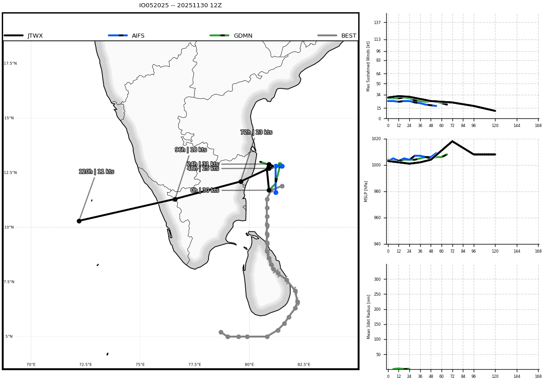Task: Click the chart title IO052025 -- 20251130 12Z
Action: (x=180, y=5)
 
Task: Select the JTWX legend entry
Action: (x=23, y=36)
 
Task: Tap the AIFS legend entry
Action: (x=126, y=36)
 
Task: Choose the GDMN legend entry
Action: (x=231, y=36)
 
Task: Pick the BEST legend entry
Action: (x=337, y=36)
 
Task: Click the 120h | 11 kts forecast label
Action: (x=97, y=171)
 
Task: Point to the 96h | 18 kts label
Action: (x=191, y=150)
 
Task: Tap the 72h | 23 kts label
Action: (x=256, y=132)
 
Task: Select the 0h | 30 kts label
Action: (x=205, y=190)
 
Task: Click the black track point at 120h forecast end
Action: (x=79, y=221)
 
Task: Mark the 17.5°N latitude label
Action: (x=10, y=63)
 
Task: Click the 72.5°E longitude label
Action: (x=86, y=365)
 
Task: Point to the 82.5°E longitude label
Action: (x=304, y=365)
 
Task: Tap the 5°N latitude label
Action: (x=9, y=337)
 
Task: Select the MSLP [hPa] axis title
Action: (x=366, y=191)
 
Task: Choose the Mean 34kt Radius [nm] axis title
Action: (x=369, y=317)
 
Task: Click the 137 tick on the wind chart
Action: (x=377, y=23)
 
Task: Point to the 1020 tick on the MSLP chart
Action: (x=376, y=139)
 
